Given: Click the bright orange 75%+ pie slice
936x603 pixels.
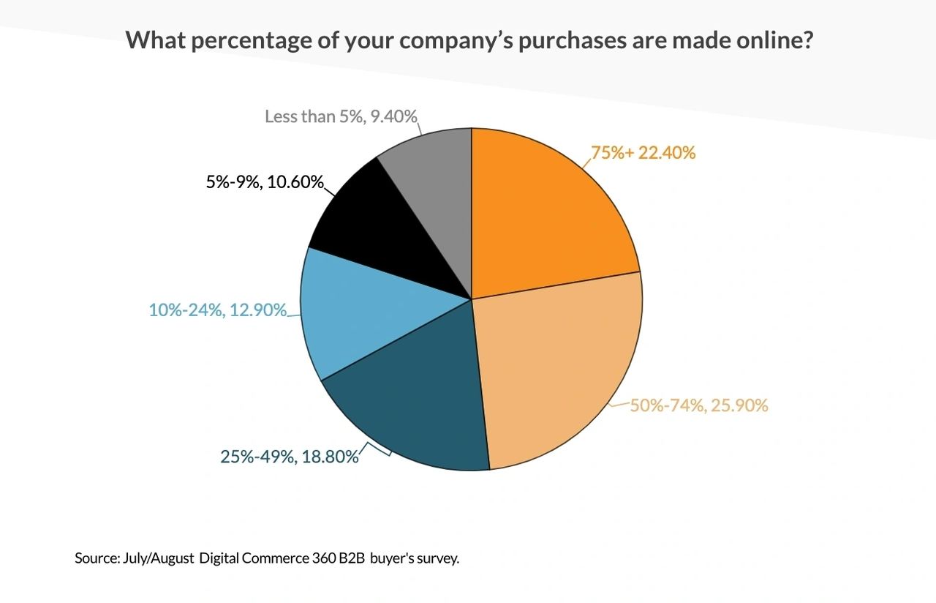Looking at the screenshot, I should pyautogui.click(x=545, y=212).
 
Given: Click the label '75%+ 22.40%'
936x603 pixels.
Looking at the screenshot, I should pyautogui.click(x=643, y=153).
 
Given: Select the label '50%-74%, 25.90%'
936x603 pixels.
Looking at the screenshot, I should pyautogui.click(x=699, y=405).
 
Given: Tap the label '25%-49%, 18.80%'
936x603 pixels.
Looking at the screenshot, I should pyautogui.click(x=290, y=457).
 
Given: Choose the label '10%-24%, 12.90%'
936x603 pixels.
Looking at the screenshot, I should pyautogui.click(x=217, y=310).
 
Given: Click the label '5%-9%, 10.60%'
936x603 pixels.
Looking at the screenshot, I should pyautogui.click(x=265, y=182).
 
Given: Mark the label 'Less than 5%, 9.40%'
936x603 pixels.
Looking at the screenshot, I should pyautogui.click(x=341, y=116).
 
